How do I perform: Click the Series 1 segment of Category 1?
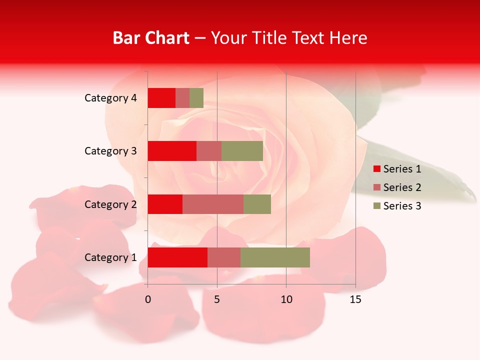click(x=177, y=257)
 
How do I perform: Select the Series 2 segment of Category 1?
click(x=224, y=257)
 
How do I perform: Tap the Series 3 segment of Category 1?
click(x=275, y=257)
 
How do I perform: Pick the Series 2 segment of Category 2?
click(x=213, y=204)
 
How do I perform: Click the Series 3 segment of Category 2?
click(x=257, y=204)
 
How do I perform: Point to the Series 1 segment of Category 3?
click(x=172, y=151)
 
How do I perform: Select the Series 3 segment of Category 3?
click(x=242, y=151)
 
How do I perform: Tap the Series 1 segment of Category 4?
click(x=161, y=98)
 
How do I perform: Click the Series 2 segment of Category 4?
click(x=182, y=98)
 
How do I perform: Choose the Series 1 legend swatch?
click(x=376, y=169)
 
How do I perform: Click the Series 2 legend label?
click(x=402, y=187)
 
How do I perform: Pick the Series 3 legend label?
click(x=402, y=206)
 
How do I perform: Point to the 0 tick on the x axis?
click(x=148, y=299)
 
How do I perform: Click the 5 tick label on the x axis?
click(x=217, y=299)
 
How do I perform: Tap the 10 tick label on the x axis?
click(x=286, y=299)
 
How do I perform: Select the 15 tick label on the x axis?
click(x=355, y=299)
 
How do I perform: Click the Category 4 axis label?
click(x=110, y=98)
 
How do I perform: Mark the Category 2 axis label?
click(x=110, y=204)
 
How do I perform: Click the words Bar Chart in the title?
click(x=151, y=38)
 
